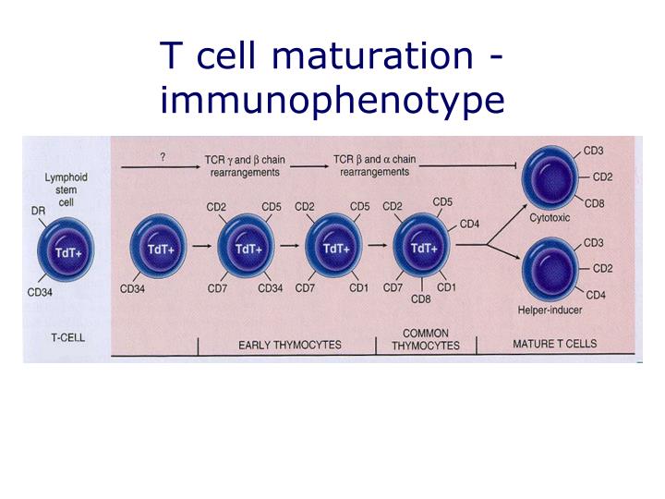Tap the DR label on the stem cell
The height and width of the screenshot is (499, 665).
tap(38, 211)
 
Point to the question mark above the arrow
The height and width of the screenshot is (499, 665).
tap(163, 157)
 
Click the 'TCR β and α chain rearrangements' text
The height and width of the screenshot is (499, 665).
tap(374, 164)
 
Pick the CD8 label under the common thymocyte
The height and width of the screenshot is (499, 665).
tap(420, 298)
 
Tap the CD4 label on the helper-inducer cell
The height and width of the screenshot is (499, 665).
tap(595, 296)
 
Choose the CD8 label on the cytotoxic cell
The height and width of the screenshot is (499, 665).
tap(595, 203)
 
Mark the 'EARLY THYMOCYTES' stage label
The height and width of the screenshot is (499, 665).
tap(289, 345)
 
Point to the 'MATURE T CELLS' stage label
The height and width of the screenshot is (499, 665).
tap(554, 344)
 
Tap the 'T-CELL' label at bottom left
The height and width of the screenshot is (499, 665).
tap(66, 337)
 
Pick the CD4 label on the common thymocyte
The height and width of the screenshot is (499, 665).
tap(469, 224)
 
